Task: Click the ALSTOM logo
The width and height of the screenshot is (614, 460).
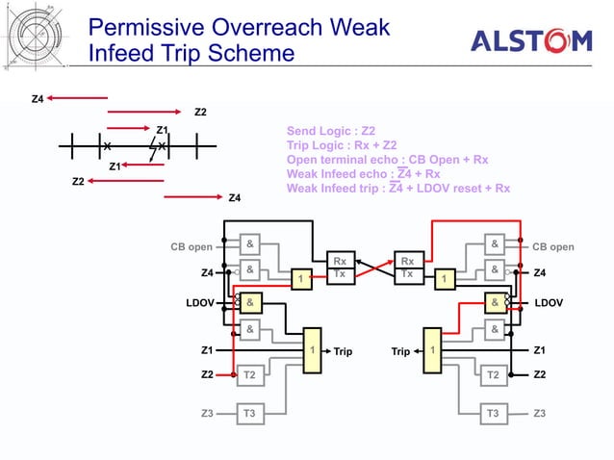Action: (x=531, y=40)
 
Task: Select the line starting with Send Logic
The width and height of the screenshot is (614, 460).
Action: (x=331, y=131)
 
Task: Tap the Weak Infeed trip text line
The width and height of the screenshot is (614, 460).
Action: (x=398, y=189)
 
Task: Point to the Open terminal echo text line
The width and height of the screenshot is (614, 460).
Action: (x=387, y=160)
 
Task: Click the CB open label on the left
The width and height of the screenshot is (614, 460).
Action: (x=192, y=246)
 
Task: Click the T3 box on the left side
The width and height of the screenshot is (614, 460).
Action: (x=249, y=414)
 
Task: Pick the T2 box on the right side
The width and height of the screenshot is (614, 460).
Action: (x=494, y=374)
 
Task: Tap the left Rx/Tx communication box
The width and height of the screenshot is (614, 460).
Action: (x=339, y=267)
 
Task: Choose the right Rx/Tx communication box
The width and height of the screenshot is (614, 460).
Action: (x=407, y=267)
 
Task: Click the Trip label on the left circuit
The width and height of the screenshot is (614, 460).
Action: (x=344, y=351)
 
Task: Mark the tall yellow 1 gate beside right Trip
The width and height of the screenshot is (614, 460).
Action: (x=435, y=351)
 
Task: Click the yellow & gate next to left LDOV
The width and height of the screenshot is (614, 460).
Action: (x=250, y=302)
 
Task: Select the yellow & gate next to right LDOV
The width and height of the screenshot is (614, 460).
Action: (x=494, y=302)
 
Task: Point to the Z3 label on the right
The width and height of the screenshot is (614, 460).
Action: (x=541, y=414)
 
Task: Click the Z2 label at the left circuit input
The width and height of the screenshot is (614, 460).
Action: (x=207, y=373)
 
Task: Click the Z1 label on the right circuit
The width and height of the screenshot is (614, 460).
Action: (x=541, y=350)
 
